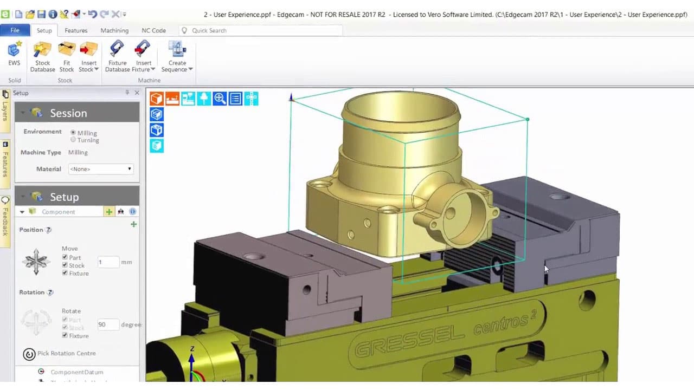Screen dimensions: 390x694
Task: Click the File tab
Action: click(x=15, y=30)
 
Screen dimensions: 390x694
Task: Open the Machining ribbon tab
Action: click(x=114, y=30)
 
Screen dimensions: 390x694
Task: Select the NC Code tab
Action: click(x=153, y=30)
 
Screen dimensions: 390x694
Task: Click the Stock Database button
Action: click(x=42, y=57)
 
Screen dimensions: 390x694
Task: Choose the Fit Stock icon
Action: click(x=67, y=57)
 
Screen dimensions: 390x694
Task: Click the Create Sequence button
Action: click(x=177, y=57)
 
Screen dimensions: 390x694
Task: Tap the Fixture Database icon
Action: click(x=117, y=57)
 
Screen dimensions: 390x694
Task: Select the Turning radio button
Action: click(x=73, y=140)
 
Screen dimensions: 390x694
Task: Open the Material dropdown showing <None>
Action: click(x=100, y=169)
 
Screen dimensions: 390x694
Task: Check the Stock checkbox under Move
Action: click(x=65, y=265)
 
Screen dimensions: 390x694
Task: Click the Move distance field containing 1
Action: click(x=108, y=262)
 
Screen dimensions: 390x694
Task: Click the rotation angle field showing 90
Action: click(x=108, y=324)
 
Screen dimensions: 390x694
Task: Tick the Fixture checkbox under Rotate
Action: click(x=65, y=336)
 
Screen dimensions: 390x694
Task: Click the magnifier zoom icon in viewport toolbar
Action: click(x=220, y=99)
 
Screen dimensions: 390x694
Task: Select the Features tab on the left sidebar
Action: click(x=5, y=160)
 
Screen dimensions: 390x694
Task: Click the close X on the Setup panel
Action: click(x=137, y=93)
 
